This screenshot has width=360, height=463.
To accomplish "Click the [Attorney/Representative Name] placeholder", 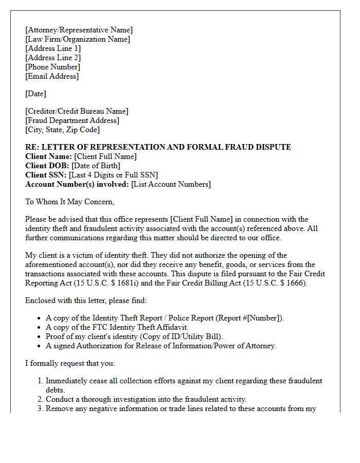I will point(79,30).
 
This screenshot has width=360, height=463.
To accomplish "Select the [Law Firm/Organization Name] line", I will point(78,39).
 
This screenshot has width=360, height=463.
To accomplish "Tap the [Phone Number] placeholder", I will point(52,67).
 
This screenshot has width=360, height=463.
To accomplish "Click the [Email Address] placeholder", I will point(52,76).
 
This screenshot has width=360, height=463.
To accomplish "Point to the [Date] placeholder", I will point(35,94).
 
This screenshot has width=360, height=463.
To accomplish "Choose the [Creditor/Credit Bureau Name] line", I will point(77,111).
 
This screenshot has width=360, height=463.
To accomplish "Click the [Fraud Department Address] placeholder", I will point(72,120).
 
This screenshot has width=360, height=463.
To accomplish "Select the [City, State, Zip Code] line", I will point(62,130).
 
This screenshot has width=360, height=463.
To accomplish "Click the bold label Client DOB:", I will point(47,166).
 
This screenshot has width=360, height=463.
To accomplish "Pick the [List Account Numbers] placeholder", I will point(171,184).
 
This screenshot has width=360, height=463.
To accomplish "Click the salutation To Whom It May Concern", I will point(70,202).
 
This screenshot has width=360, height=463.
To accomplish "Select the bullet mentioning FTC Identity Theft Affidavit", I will point(117,327).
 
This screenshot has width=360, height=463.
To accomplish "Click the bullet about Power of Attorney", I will point(160,346).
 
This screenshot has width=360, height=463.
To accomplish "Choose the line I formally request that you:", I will point(70,363).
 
